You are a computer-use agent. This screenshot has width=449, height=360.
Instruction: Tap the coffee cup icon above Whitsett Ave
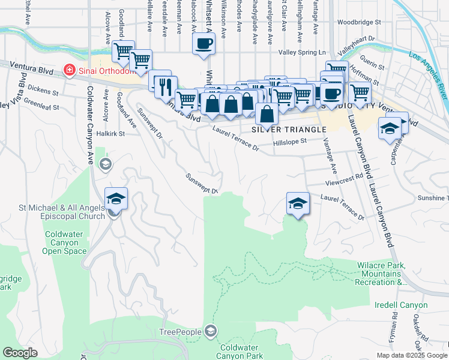coord(203,43)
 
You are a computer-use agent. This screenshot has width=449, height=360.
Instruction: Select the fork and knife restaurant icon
coord(166,86)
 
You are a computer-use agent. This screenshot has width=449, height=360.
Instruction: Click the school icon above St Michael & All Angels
coord(116,199)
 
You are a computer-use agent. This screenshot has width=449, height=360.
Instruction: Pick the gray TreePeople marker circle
coord(210,331)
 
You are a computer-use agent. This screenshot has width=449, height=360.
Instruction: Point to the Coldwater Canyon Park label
coord(241,352)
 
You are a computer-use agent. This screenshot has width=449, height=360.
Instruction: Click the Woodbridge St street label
coord(359,22)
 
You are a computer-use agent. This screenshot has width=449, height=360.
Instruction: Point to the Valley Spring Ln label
coord(306,53)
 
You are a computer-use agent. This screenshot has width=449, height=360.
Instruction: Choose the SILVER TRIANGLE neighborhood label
coord(289,129)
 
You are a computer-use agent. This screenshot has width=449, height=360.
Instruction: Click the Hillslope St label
coord(290,142)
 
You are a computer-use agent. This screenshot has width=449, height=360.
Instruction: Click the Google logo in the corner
coord(20,353)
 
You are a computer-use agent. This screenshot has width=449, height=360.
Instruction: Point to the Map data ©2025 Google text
coord(411,355)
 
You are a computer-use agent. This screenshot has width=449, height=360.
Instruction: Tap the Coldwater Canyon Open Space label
coord(65,242)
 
